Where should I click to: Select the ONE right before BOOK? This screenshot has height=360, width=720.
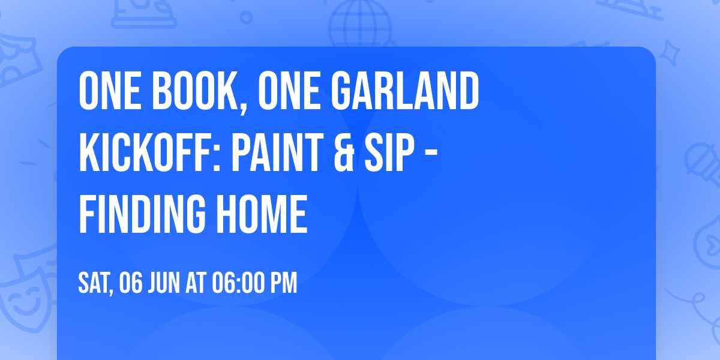[x=109, y=92]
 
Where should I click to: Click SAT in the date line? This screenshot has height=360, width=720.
[x=95, y=283]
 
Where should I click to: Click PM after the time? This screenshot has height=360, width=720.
[x=284, y=283]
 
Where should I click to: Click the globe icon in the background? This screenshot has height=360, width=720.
[x=359, y=21]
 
